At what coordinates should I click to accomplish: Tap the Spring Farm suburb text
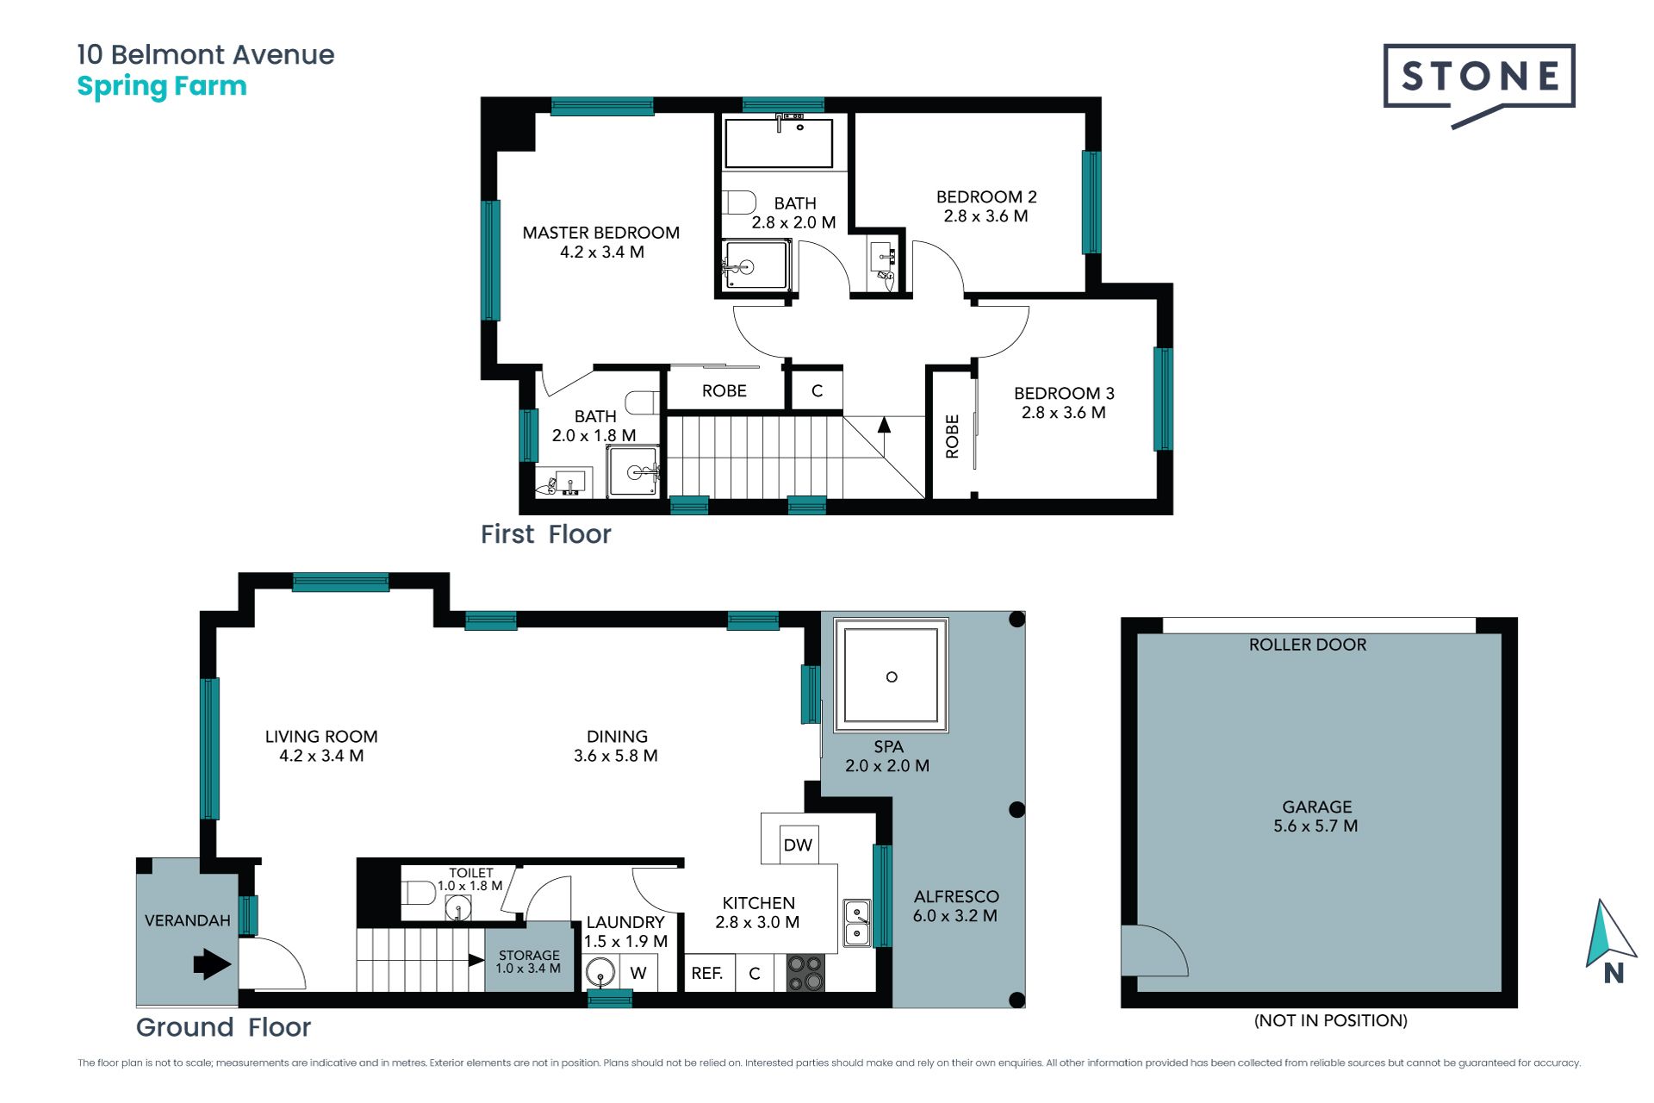162,87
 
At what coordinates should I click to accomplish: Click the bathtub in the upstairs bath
779,143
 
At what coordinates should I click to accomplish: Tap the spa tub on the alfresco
891,676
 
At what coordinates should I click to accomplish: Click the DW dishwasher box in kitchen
798,844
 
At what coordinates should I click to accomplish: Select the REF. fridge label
707,973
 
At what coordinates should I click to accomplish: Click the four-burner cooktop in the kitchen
805,973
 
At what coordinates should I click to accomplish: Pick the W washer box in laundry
638,973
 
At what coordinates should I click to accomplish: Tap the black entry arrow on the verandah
212,964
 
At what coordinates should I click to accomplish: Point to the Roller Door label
1308,645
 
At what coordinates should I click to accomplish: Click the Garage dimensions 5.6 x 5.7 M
1315,826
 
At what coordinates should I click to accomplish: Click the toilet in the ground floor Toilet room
419,893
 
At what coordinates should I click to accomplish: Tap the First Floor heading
546,534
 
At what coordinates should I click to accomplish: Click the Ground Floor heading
223,1027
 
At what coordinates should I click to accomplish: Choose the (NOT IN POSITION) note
1331,1021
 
